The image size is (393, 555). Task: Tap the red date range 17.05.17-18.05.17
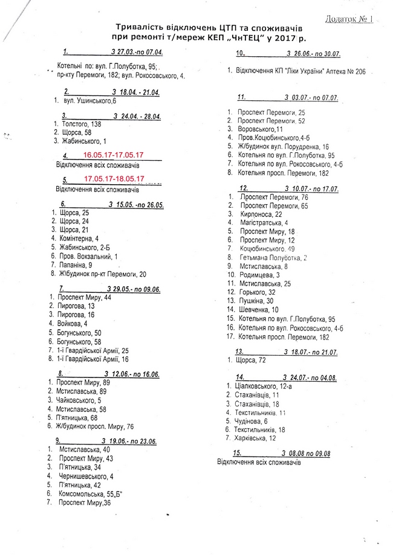click(x=114, y=179)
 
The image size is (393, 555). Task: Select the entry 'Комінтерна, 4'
click(x=79, y=239)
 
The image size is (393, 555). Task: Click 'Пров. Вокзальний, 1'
click(x=89, y=256)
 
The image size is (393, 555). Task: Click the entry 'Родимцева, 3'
click(x=259, y=275)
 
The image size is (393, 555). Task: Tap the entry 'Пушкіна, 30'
click(x=256, y=301)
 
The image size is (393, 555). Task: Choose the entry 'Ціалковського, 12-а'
click(x=265, y=386)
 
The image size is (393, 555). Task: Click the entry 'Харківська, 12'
click(x=257, y=438)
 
